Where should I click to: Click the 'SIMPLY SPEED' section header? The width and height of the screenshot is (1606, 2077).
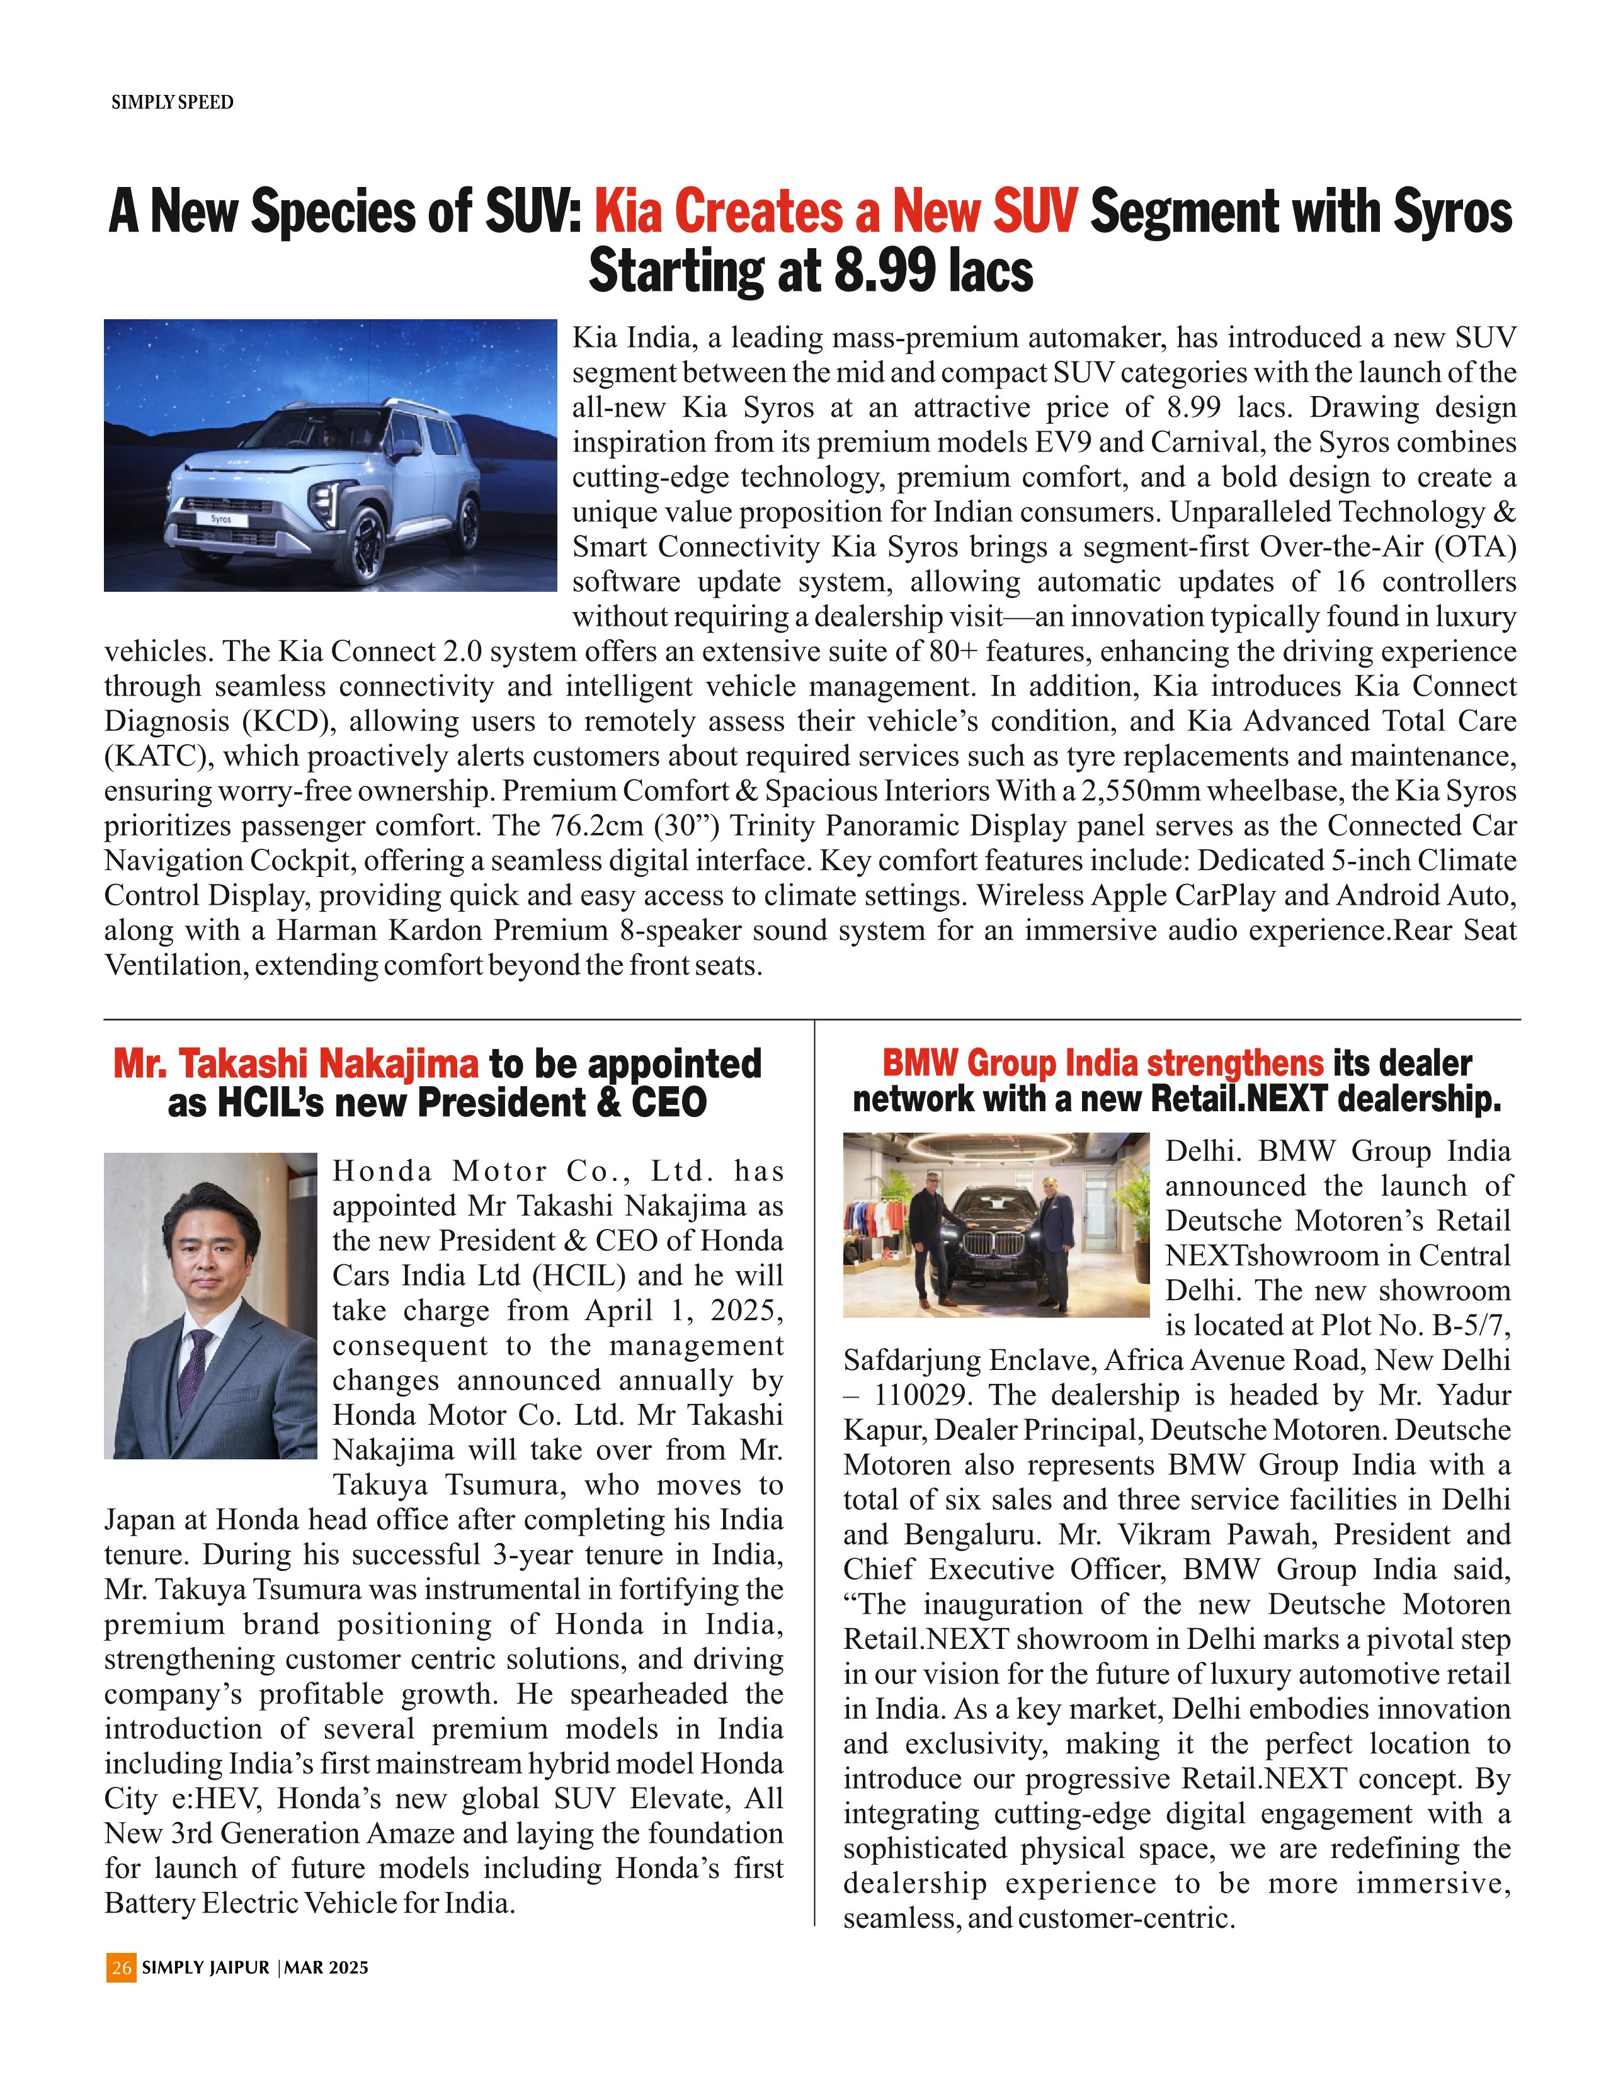172,103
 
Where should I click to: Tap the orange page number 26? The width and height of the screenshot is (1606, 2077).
121,1967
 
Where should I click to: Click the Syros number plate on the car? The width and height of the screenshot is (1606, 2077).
220,519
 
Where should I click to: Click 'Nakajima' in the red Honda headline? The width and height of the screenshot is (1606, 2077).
399,1064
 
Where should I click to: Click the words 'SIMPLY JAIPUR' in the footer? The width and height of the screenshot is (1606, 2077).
205,1967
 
